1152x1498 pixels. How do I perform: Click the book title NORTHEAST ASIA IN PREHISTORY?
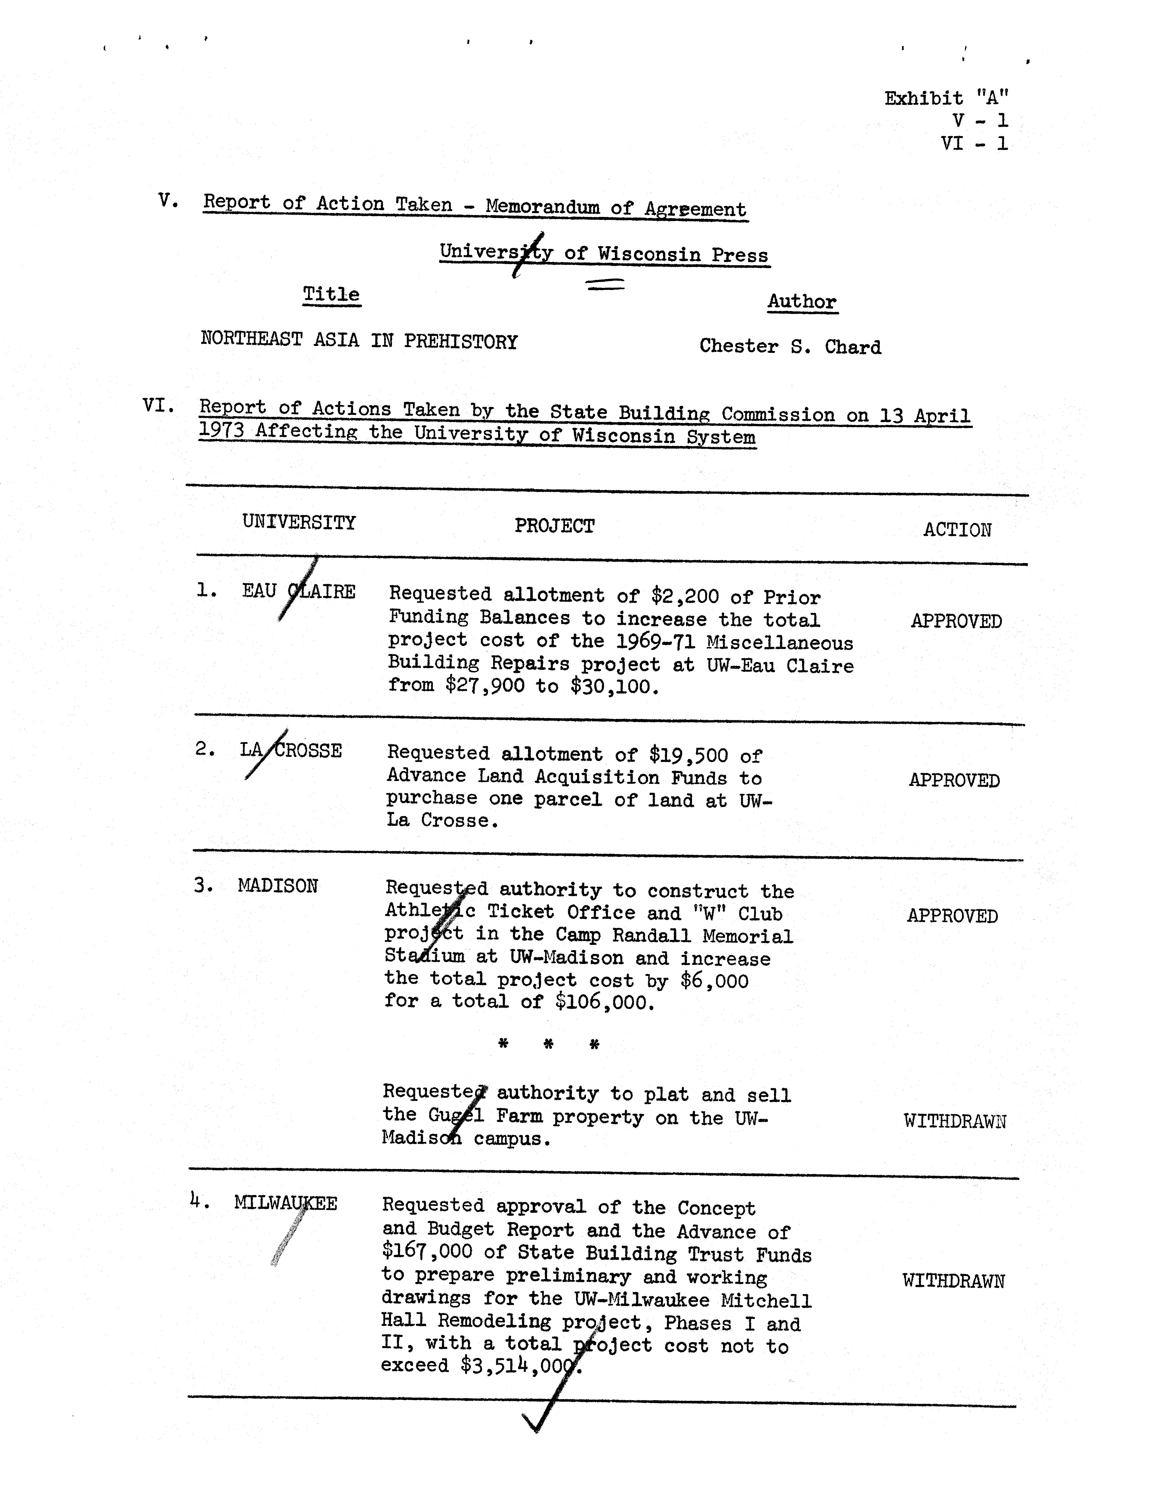pos(359,341)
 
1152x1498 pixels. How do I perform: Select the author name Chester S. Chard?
pos(790,346)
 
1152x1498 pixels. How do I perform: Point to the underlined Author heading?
pos(802,302)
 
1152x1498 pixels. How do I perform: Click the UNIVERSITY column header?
pos(299,523)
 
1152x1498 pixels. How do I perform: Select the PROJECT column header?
pos(554,526)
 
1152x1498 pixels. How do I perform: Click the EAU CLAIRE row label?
pos(298,591)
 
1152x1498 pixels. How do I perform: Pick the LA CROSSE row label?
pos(291,750)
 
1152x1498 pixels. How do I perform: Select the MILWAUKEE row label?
pos(285,1203)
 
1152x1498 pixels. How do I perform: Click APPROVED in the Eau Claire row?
pos(956,621)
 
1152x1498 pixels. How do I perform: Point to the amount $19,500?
pos(689,755)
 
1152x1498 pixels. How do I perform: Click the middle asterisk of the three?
pos(549,1045)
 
